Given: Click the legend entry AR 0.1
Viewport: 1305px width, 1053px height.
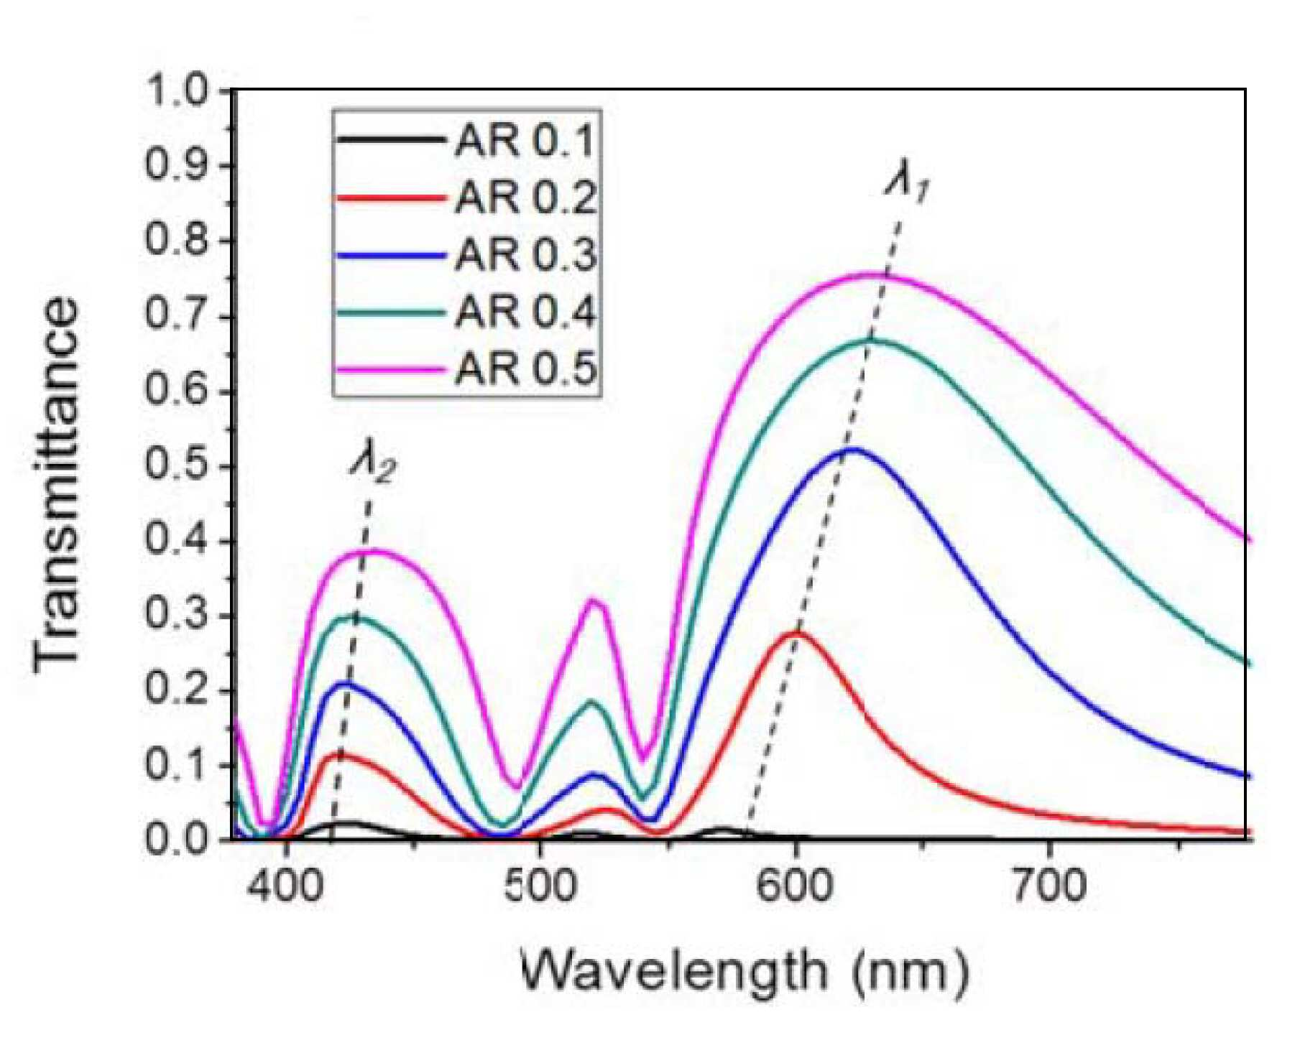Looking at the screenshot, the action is coord(525,140).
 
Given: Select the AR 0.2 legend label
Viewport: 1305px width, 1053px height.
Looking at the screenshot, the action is coord(525,198).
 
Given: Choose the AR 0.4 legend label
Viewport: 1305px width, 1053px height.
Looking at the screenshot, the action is coord(525,312).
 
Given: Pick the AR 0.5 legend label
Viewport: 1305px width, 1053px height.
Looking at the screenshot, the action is coord(525,369).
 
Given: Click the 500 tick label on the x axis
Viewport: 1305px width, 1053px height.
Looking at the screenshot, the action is coord(540,886).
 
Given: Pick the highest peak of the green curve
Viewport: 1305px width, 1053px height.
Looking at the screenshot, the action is coord(875,340).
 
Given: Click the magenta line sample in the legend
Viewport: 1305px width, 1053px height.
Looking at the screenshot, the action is coord(389,369).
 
